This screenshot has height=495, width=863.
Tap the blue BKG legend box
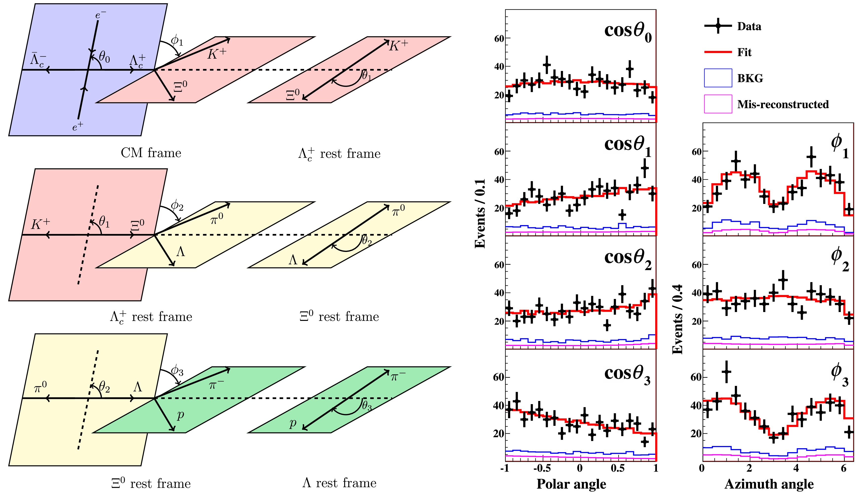point(718,78)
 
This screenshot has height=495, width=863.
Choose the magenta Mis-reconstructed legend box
point(718,104)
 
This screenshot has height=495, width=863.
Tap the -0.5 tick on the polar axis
point(542,468)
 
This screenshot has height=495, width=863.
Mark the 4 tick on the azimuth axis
point(796,468)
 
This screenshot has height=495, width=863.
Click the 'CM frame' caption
point(151,153)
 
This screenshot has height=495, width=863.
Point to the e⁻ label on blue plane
point(100,15)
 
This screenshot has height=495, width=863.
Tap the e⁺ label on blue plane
point(78,127)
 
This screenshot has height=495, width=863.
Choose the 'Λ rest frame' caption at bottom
point(339,483)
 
